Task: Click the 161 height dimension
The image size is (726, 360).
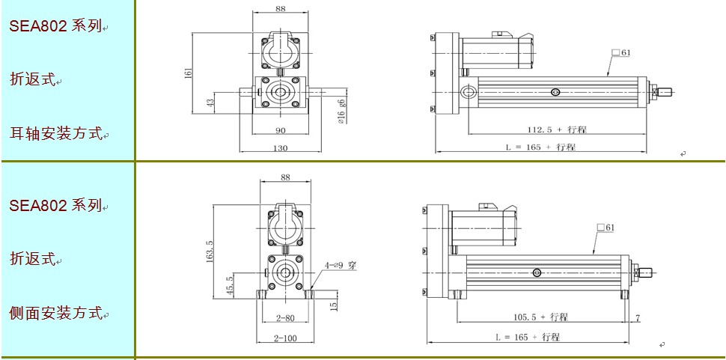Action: pyautogui.click(x=189, y=73)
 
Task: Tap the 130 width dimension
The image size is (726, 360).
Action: pyautogui.click(x=281, y=148)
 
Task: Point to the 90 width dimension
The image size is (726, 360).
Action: pyautogui.click(x=281, y=130)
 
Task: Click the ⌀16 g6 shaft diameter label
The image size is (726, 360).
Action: pyautogui.click(x=342, y=112)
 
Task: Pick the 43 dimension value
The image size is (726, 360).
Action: pyautogui.click(x=210, y=103)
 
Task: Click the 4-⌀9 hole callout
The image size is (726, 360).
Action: pyautogui.click(x=341, y=266)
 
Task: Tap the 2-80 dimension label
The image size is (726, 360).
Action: pyautogui.click(x=284, y=319)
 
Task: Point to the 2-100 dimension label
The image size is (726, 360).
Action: pyautogui.click(x=285, y=338)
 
